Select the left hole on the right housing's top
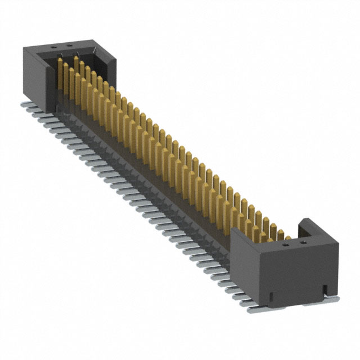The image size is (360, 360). click(286, 245)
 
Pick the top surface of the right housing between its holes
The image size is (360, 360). click(293, 244)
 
